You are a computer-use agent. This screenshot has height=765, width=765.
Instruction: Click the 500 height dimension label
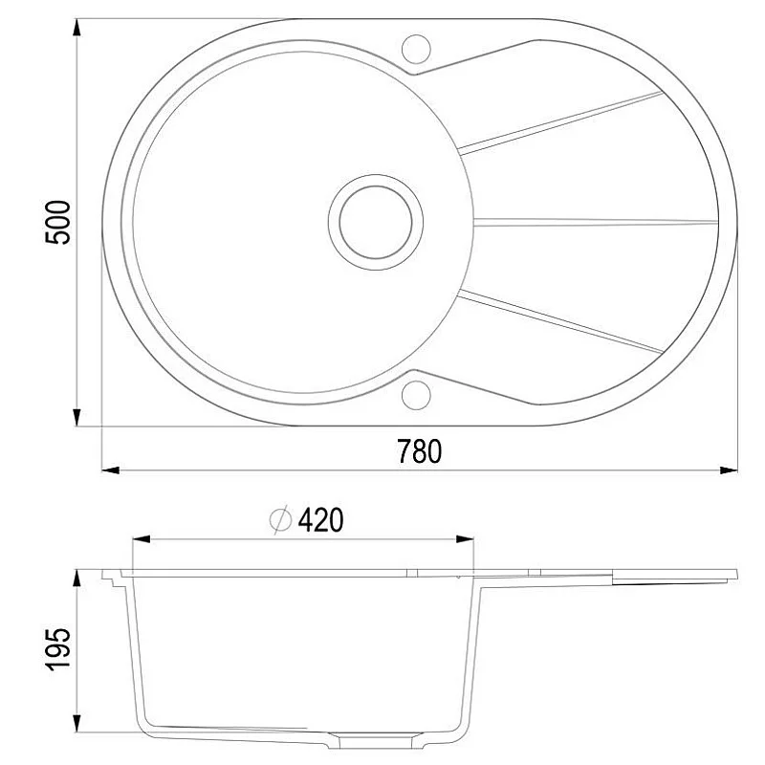tap(58, 222)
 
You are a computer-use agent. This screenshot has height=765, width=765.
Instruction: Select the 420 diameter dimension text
tap(320, 520)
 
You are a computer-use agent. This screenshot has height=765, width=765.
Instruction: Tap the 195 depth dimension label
tap(58, 650)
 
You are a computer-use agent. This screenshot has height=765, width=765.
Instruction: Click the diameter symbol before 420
tap(280, 520)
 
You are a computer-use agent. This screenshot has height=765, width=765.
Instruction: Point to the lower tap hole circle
tap(416, 393)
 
